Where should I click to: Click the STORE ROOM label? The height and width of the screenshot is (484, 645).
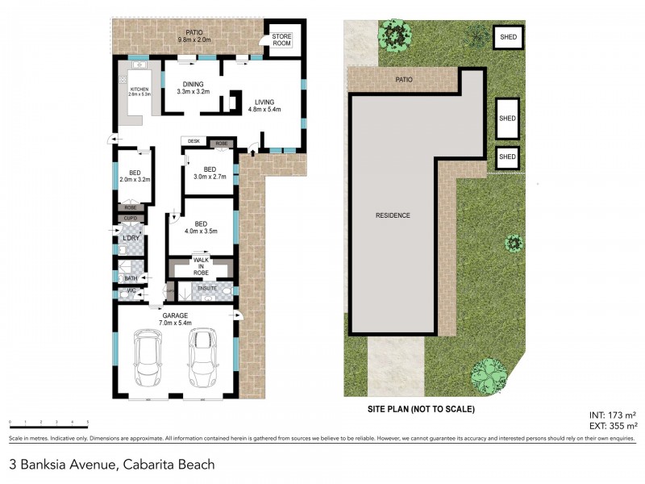tap(281, 40)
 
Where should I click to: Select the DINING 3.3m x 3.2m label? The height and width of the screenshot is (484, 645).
tap(193, 87)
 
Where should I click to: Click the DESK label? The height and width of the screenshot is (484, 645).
tap(193, 141)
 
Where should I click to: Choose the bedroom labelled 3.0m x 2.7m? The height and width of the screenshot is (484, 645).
tap(210, 173)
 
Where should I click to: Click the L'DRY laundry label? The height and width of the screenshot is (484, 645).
tap(131, 239)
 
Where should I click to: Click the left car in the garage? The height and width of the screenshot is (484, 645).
tap(148, 359)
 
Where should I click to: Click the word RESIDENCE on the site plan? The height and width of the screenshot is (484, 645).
tap(393, 215)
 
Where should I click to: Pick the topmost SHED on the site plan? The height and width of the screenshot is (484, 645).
tap(508, 36)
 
